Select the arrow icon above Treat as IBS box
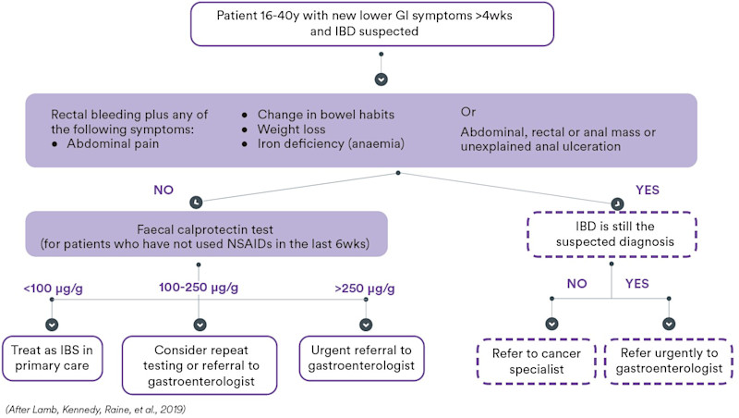point(52,325)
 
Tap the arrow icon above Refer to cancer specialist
point(551,325)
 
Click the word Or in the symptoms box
point(468,112)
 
